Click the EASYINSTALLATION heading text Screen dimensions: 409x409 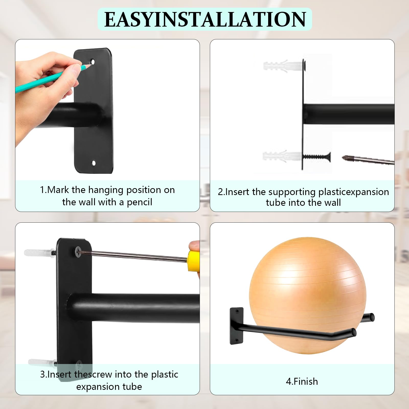(205, 19)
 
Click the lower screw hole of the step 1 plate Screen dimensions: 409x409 (94, 163)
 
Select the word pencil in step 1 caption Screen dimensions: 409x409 (140, 202)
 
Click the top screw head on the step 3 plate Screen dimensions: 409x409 (78, 252)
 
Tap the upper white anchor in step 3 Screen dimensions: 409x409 (40, 253)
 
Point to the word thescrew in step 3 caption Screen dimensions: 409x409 (93, 374)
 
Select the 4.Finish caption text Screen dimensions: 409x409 (302, 381)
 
